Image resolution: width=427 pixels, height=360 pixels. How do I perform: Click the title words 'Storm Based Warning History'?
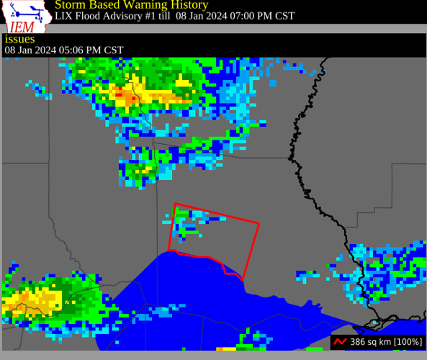point(132,5)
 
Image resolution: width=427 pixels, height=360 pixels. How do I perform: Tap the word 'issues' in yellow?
point(19,39)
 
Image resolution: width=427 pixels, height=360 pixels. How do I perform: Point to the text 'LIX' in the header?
point(63,16)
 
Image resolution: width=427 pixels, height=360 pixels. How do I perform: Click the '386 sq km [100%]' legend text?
point(386,341)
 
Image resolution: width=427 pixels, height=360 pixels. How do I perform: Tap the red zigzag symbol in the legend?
point(341,341)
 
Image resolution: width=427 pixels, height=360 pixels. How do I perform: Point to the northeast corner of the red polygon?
point(259,224)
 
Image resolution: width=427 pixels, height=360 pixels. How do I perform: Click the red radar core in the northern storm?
point(120,93)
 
